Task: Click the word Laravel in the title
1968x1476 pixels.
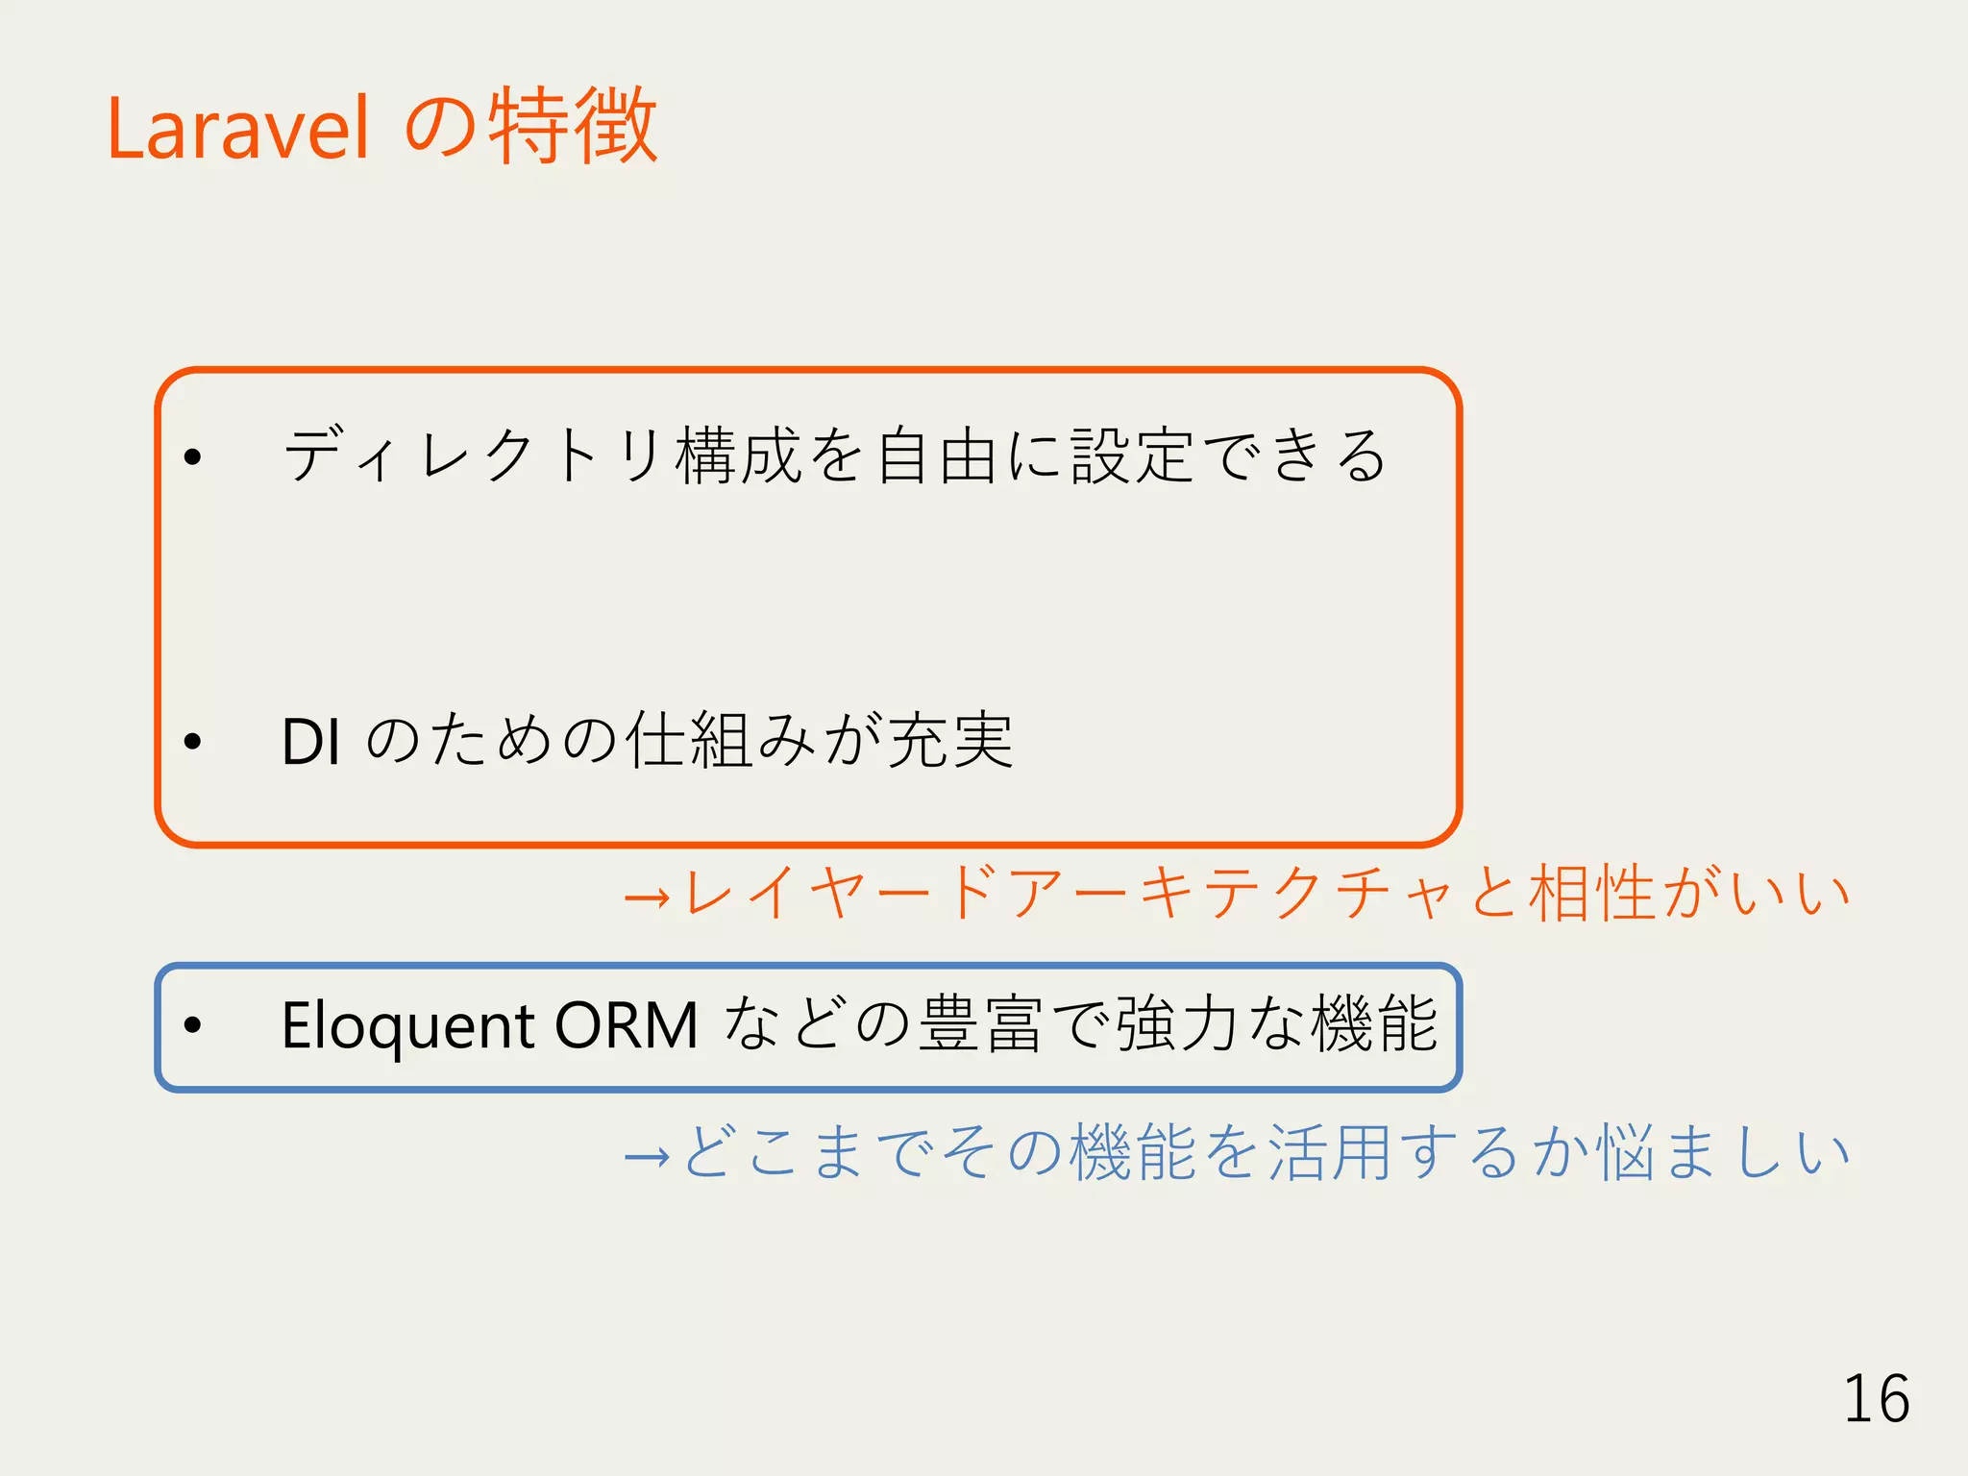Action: (x=237, y=129)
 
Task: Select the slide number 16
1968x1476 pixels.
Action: (x=1876, y=1399)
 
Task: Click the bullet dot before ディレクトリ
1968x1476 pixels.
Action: (x=193, y=457)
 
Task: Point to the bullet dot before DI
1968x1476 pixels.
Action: (x=193, y=742)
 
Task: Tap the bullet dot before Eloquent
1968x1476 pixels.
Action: (x=193, y=1025)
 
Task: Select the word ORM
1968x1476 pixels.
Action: (x=626, y=1025)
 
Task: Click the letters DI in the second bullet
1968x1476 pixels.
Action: (x=310, y=742)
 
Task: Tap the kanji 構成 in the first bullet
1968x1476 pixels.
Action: (x=738, y=455)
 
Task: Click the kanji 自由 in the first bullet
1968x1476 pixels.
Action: (x=936, y=455)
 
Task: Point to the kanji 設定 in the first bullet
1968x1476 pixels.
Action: (x=1133, y=455)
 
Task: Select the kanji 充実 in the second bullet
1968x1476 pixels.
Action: (x=949, y=741)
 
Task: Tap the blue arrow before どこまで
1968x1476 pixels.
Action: (x=647, y=1155)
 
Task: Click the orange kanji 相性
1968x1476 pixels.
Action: (x=1592, y=894)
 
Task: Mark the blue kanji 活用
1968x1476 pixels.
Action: (x=1330, y=1152)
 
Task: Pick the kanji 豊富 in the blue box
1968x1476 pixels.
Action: (x=981, y=1024)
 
